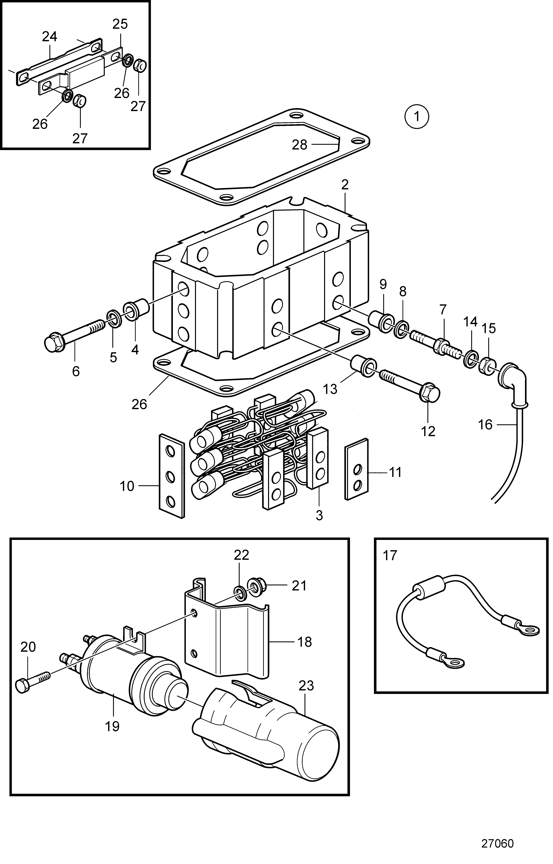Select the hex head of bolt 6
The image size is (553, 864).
pyautogui.click(x=55, y=343)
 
